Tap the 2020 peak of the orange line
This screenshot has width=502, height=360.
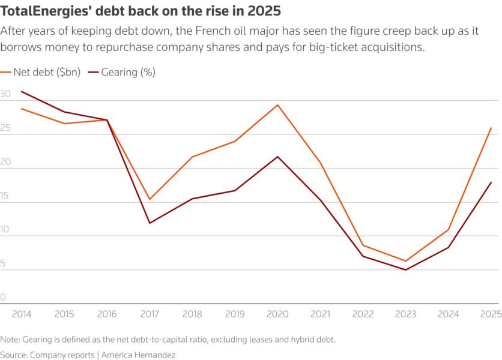[x=277, y=105]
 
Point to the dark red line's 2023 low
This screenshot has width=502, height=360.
[x=405, y=269]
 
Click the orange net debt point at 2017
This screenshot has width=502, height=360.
[x=150, y=199]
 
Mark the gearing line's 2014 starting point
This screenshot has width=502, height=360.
[x=22, y=92]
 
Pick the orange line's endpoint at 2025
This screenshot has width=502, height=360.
[x=491, y=128]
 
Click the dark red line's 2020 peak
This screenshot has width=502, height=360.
[x=277, y=157]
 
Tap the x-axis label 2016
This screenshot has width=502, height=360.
[x=107, y=314]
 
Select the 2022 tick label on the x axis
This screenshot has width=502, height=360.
[x=363, y=314]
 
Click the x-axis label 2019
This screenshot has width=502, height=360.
[x=235, y=314]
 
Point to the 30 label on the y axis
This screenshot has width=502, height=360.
[x=5, y=95]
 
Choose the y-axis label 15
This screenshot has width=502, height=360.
[x=5, y=196]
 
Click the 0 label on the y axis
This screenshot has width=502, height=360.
[x=3, y=298]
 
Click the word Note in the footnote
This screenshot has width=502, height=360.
[x=10, y=339]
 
